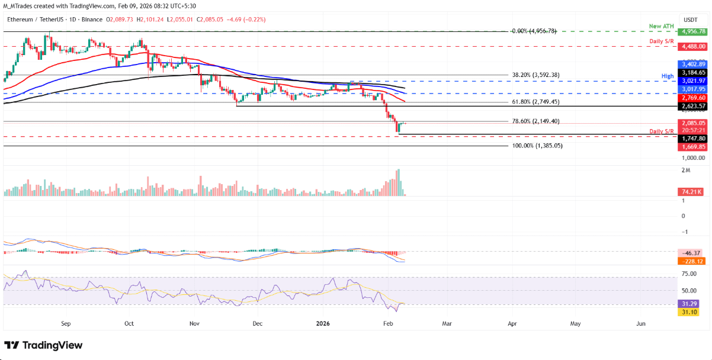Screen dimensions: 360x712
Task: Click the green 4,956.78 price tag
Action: tap(692, 31)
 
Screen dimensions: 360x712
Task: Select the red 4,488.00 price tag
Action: tap(692, 45)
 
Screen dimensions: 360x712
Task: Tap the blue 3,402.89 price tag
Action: tap(692, 63)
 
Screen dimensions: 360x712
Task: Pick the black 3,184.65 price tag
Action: tap(692, 72)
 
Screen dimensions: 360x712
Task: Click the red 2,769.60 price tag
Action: tap(692, 98)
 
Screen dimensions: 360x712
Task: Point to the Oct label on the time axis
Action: tap(130, 324)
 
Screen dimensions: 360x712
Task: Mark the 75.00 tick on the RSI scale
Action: tap(689, 274)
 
